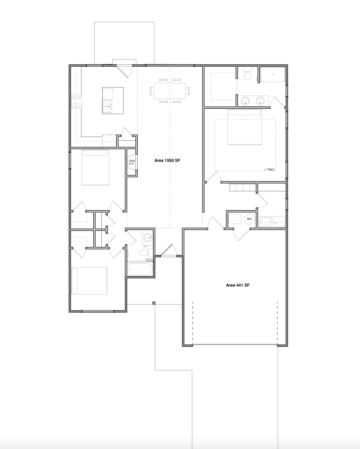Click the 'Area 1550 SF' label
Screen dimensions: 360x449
click(167, 161)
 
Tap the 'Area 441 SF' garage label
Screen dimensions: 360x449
click(238, 285)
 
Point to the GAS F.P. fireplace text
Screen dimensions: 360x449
click(132, 162)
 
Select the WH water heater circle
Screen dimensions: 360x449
click(250, 219)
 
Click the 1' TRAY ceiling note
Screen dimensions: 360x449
click(269, 170)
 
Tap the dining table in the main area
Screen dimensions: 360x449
click(170, 91)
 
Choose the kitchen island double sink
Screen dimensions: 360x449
click(107, 107)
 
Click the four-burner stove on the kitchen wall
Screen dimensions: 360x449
click(77, 101)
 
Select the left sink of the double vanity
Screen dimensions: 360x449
click(245, 101)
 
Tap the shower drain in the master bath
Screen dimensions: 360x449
click(272, 74)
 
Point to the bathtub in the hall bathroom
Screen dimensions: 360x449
click(140, 269)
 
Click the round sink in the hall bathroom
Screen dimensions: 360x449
click(148, 238)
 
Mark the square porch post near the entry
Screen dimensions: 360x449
click(154, 303)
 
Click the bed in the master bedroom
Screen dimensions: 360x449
click(245, 127)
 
